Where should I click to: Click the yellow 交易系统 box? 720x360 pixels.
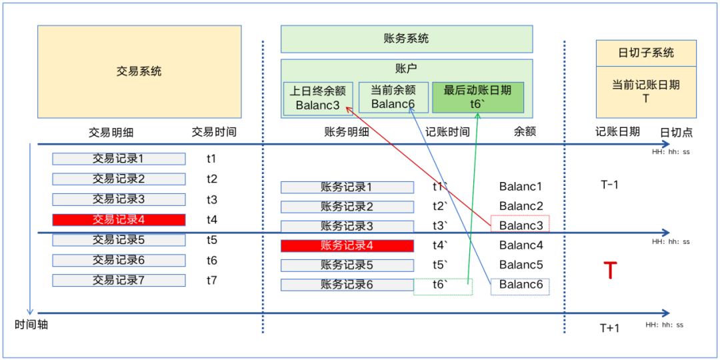point(139,71)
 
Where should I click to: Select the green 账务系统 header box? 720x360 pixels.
point(407,39)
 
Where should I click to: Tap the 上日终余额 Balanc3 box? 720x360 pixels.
point(318,98)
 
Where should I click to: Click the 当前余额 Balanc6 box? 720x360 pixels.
point(393,97)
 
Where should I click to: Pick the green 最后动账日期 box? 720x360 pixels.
point(478,97)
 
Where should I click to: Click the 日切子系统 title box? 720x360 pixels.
point(646,53)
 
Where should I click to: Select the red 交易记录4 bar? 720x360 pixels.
point(119,219)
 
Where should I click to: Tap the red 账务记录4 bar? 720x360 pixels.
point(347,245)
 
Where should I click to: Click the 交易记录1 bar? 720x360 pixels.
point(119,159)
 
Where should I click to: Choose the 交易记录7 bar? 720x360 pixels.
point(119,280)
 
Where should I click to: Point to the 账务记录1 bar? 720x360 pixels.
point(347,187)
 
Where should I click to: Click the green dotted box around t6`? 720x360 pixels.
point(443,286)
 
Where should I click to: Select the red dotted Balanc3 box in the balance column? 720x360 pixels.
point(520,225)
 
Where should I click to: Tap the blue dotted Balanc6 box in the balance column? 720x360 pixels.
point(520,286)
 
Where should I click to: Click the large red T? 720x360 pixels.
point(609,271)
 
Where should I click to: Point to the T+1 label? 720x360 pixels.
point(609,327)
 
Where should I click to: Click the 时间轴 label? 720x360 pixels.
point(31,325)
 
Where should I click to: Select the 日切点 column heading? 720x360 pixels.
point(676,132)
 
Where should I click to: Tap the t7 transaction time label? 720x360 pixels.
point(211,280)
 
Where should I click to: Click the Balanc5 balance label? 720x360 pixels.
point(521,265)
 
